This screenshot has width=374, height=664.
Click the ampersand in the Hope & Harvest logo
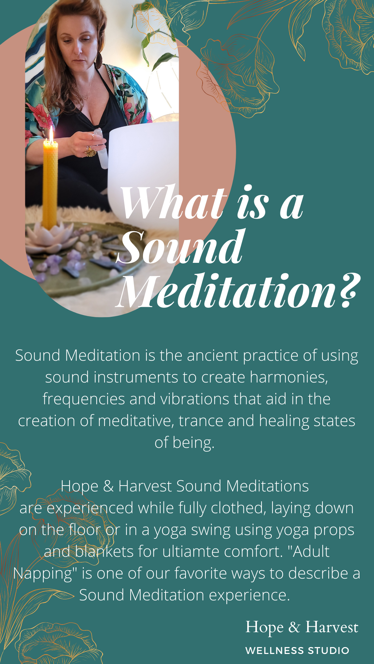[x=294, y=627]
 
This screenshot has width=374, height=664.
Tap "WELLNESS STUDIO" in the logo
[x=297, y=651]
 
